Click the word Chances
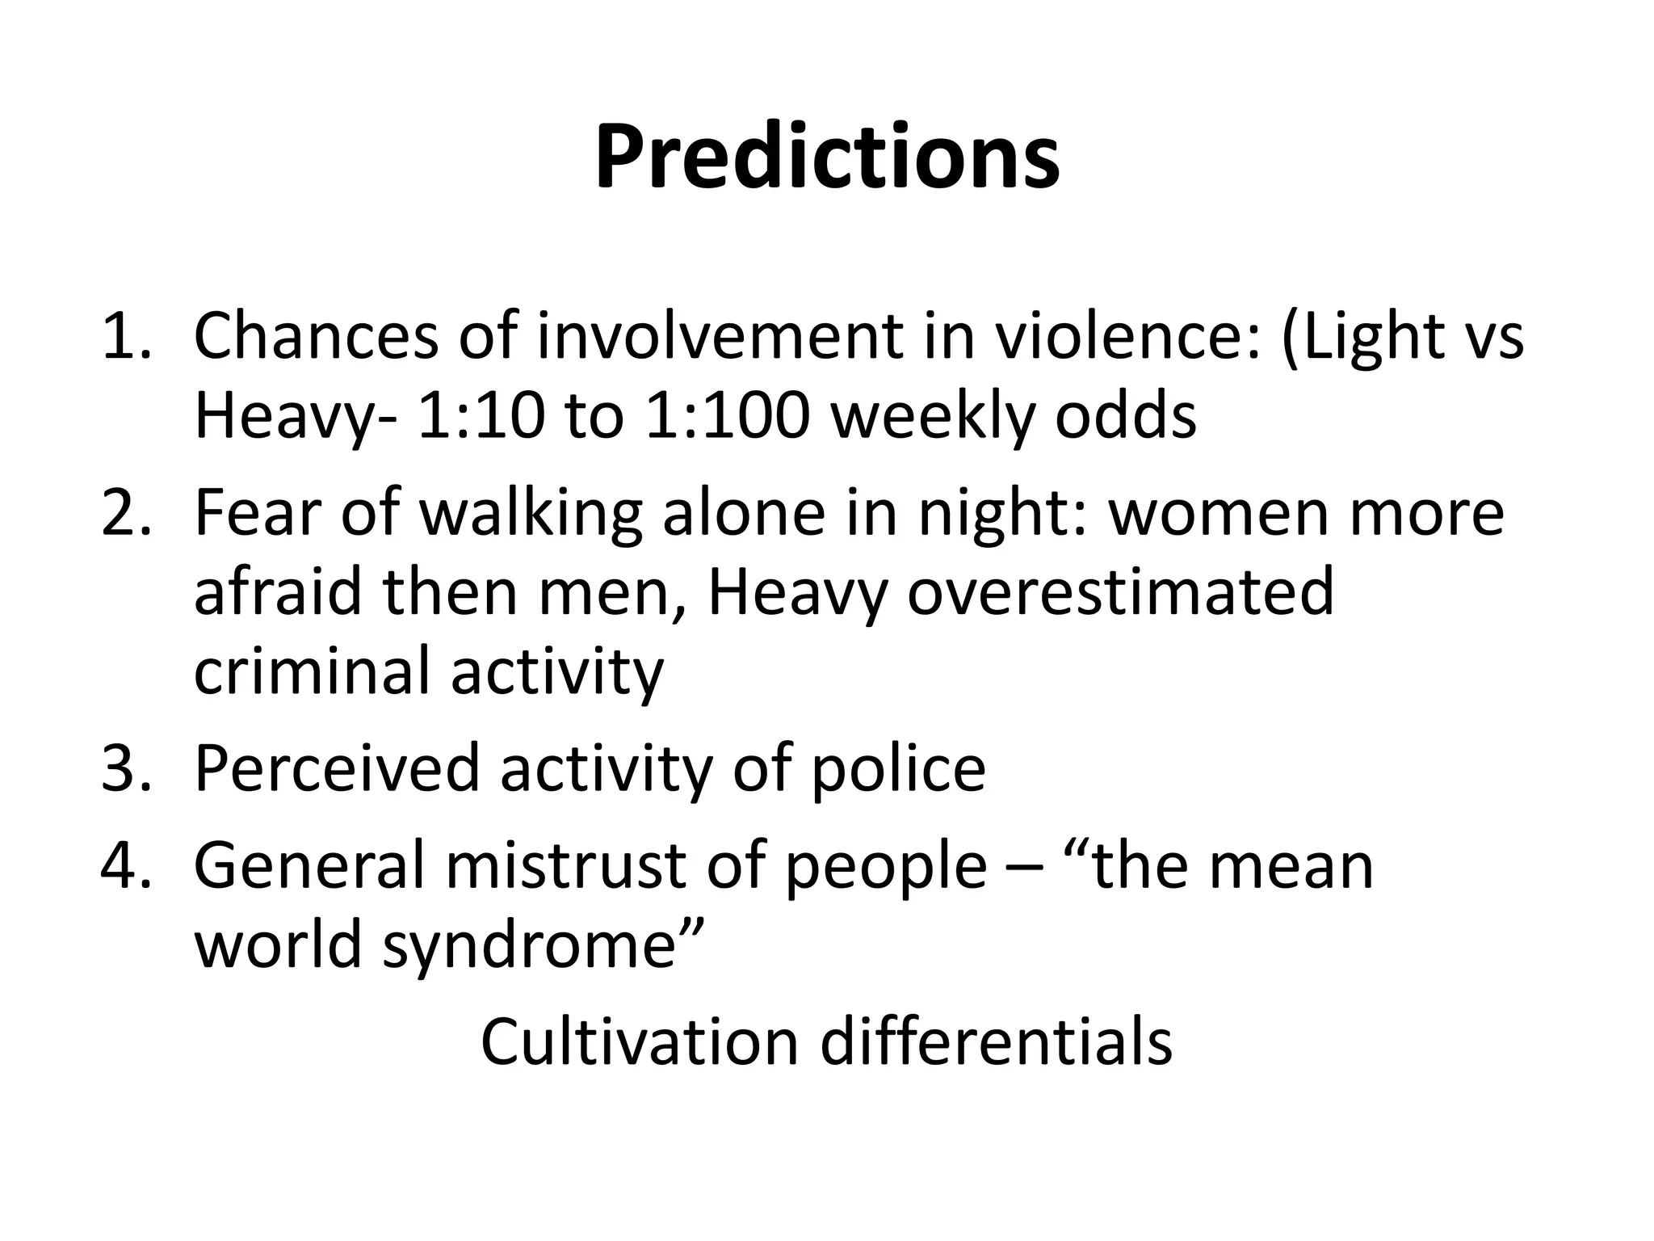coord(316,336)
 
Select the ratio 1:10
coord(477,417)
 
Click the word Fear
coord(258,513)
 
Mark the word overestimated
coord(1120,592)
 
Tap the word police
coord(897,768)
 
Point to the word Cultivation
coord(639,1042)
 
